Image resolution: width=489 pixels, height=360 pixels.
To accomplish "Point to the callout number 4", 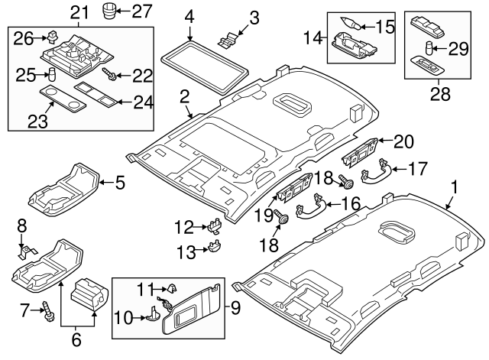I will [x=189, y=15].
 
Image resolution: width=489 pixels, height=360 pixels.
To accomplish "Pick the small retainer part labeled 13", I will [x=215, y=247].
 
